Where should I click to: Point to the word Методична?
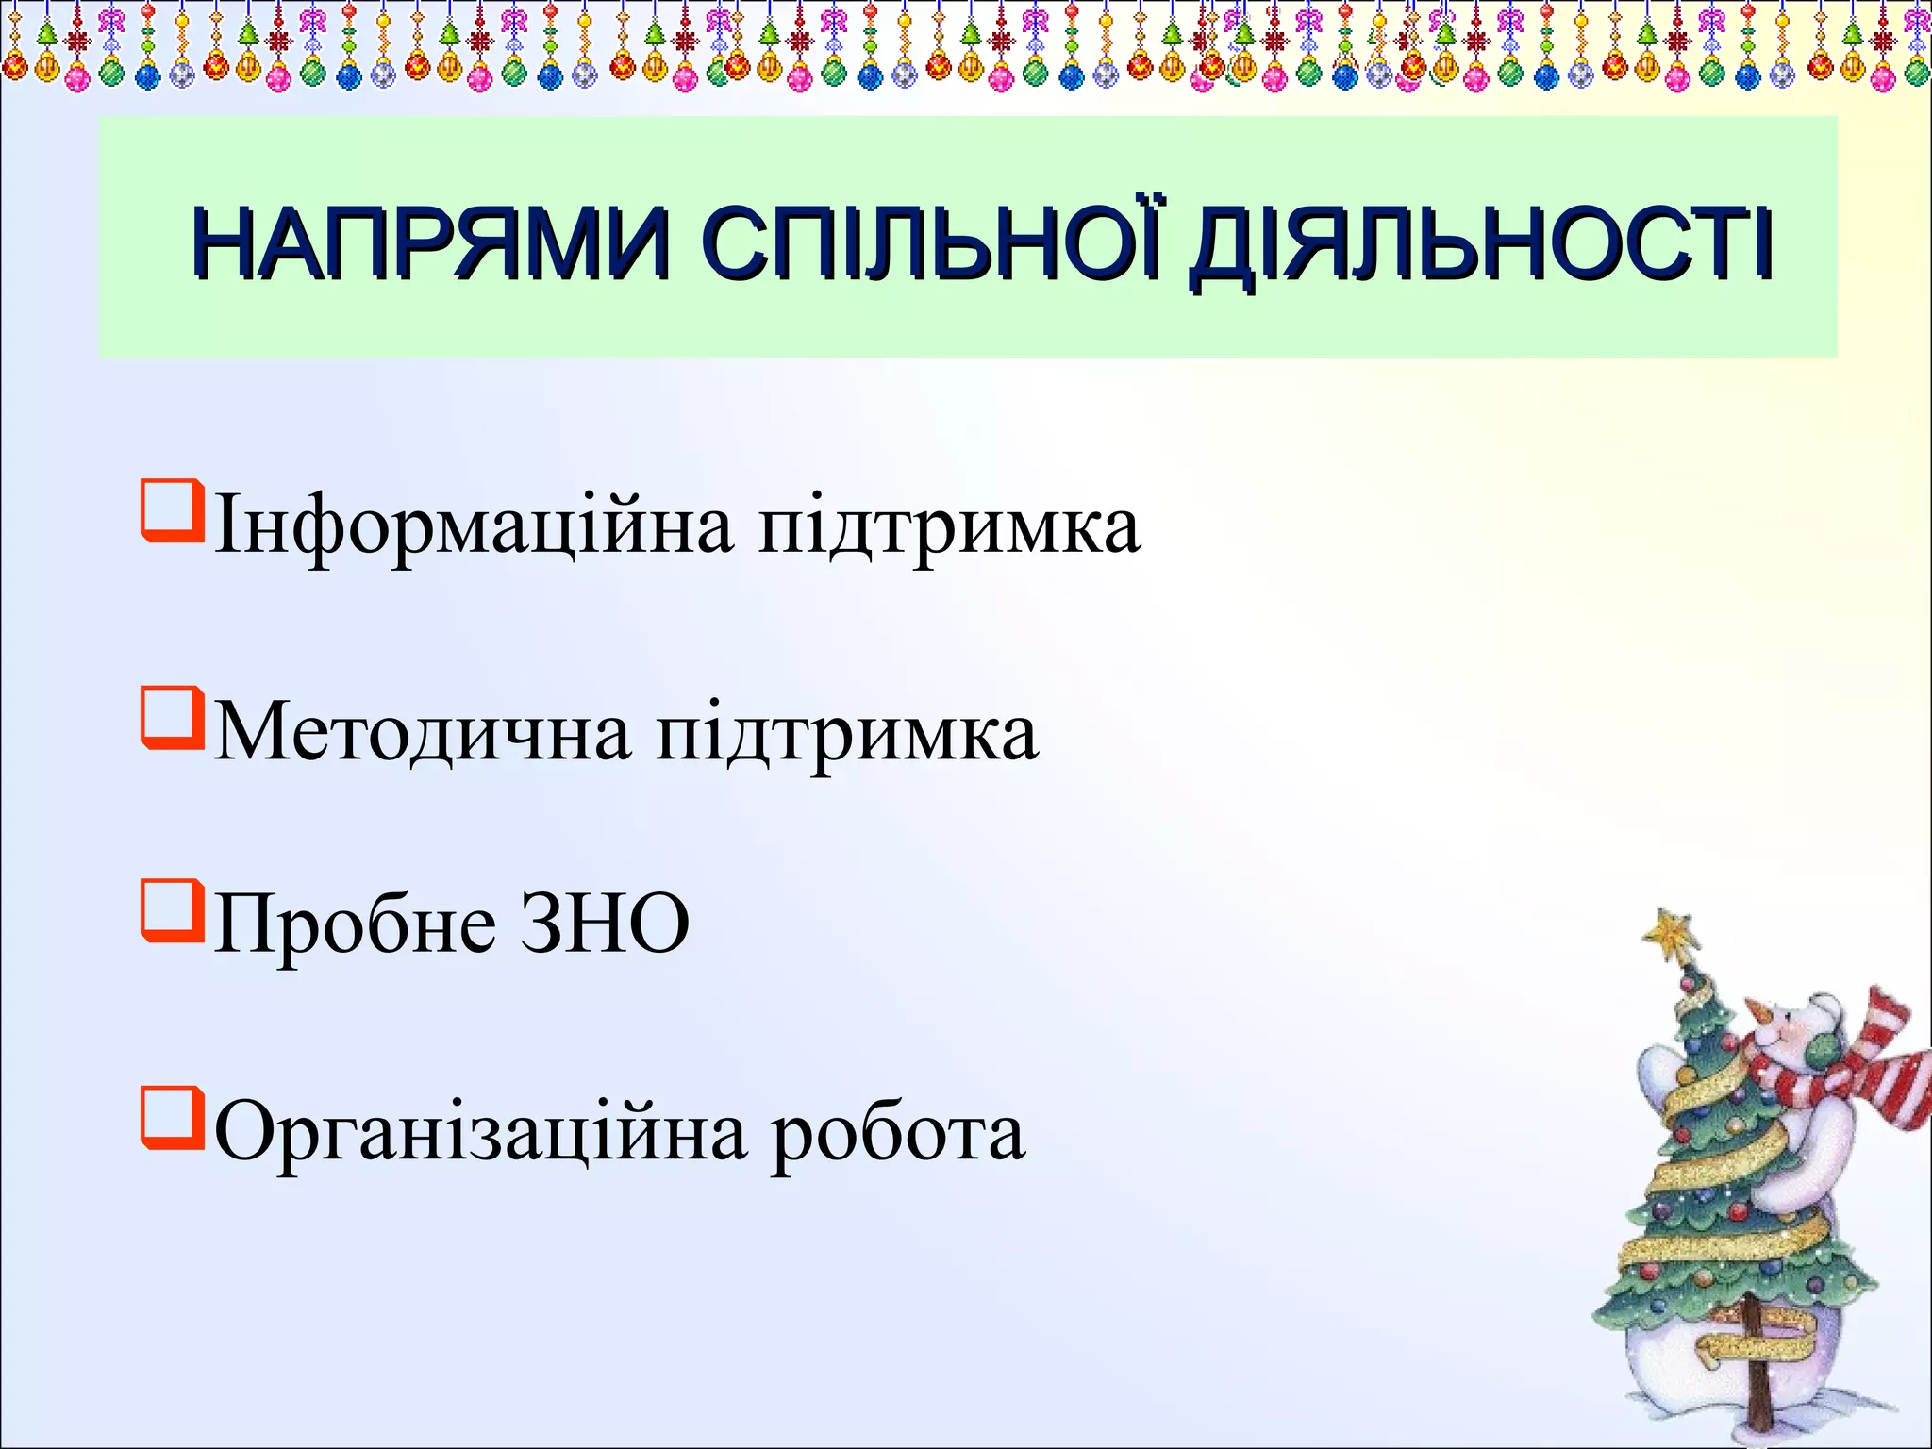pos(423,734)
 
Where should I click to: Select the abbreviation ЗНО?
pos(605,924)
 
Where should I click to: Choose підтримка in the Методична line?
pos(847,734)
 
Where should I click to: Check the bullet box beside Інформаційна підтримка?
pos(172,511)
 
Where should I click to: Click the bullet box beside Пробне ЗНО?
pos(172,911)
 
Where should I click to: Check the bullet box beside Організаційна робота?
pos(172,1118)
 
